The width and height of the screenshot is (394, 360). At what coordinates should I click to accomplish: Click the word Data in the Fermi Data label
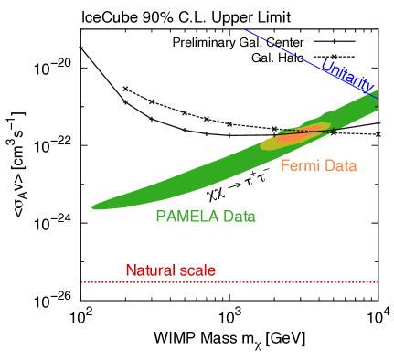click(x=338, y=166)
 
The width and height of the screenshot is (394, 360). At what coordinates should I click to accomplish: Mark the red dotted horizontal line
click(x=229, y=282)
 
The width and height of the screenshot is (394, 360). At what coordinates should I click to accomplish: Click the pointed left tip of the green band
click(x=94, y=207)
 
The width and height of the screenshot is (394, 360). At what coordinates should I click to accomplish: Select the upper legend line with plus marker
click(x=334, y=41)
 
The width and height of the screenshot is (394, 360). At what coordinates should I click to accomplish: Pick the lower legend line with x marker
click(x=334, y=57)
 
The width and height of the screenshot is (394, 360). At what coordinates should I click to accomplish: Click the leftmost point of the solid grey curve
click(x=80, y=47)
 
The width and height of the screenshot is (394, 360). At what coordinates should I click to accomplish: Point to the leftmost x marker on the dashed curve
click(x=124, y=89)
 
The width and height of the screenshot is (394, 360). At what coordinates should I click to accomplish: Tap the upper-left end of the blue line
click(x=246, y=31)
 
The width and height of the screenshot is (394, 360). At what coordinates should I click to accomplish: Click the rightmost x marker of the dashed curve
click(x=378, y=134)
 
